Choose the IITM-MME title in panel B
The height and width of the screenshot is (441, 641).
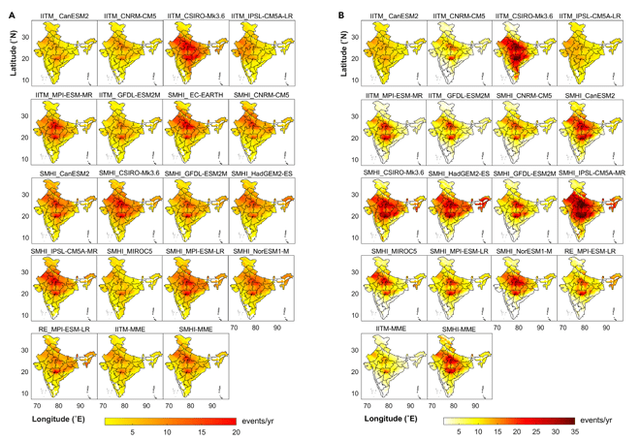(396, 330)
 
